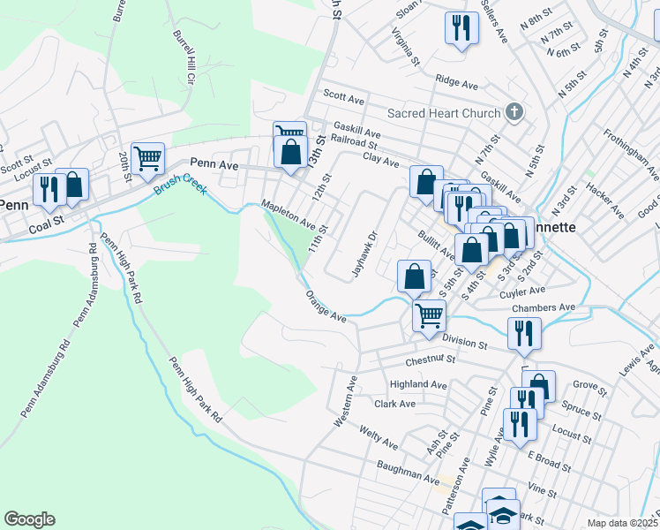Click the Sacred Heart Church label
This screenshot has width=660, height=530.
tap(444, 113)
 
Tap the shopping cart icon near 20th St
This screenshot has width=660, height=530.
tap(148, 158)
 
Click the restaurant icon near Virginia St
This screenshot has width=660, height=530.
tap(460, 27)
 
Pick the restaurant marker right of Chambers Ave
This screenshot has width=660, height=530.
tap(524, 333)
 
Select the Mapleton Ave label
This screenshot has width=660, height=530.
tap(289, 216)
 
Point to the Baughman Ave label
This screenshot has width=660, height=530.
tap(408, 474)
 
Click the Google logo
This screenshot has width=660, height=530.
tap(29, 519)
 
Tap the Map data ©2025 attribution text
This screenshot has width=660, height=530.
tap(622, 523)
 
